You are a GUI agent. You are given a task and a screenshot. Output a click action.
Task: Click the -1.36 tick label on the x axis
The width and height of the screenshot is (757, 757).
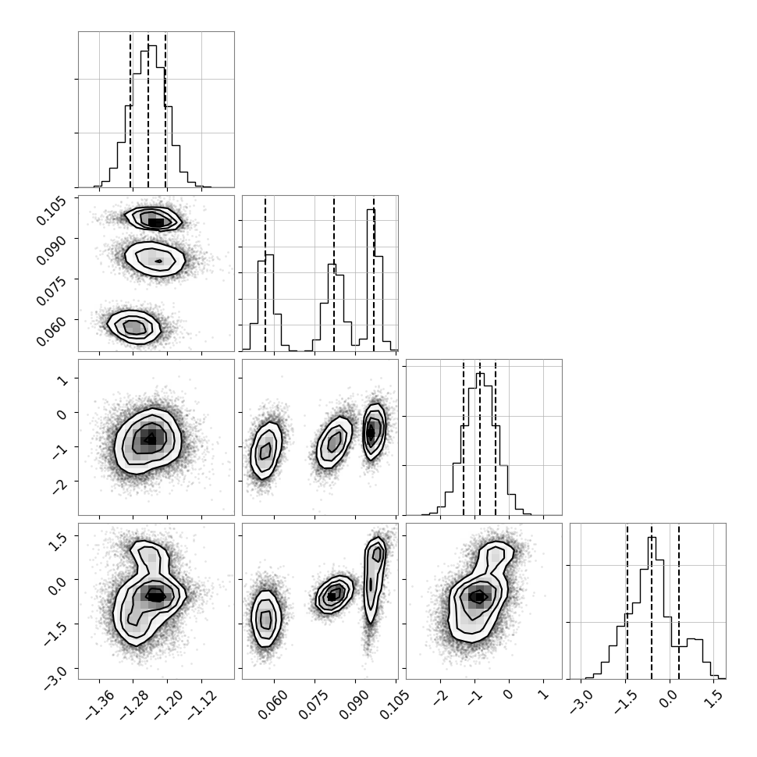100,705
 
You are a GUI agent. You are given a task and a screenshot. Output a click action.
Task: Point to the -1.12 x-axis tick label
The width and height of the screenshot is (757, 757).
202,705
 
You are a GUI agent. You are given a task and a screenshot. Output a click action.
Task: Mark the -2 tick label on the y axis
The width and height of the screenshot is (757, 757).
61,486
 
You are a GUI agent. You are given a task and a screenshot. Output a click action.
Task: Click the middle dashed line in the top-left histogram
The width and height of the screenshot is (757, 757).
148,111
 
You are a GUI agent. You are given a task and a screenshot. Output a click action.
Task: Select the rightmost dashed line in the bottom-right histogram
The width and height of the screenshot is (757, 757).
679,601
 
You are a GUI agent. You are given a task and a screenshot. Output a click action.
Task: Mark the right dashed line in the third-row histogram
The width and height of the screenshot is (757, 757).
496,438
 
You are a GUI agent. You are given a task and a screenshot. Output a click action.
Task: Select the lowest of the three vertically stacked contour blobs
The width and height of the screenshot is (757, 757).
133,327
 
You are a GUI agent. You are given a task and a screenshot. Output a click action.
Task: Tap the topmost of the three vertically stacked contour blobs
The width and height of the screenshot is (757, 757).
153,219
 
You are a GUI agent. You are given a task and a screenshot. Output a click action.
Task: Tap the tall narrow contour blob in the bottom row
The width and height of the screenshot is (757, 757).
375,579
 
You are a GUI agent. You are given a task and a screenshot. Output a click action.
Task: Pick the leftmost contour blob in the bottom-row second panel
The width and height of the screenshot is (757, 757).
265,618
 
